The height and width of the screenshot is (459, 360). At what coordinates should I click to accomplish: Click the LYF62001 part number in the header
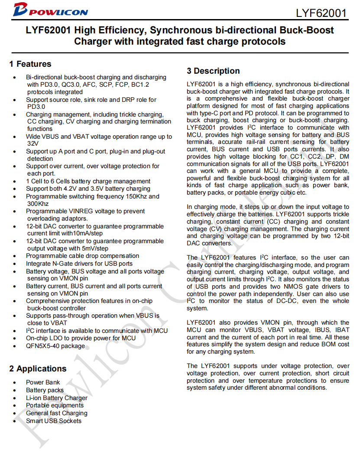(321, 13)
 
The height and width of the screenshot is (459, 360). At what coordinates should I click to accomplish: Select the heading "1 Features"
(30, 64)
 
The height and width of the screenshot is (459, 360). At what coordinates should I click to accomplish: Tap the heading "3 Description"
(213, 71)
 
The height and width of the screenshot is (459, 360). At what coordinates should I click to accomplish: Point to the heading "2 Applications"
(38, 369)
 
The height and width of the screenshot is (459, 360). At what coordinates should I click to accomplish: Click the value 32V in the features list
(33, 144)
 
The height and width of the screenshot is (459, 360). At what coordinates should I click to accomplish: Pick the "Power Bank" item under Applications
(43, 382)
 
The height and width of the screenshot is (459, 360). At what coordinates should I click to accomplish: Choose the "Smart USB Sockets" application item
(53, 421)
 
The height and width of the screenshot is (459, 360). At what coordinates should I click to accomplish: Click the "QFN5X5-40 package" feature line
(55, 346)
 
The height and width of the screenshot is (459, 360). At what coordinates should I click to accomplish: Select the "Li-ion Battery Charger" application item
(56, 398)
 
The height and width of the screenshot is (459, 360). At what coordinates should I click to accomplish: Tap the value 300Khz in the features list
(38, 204)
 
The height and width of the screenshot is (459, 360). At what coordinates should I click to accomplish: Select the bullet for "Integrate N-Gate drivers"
(15, 264)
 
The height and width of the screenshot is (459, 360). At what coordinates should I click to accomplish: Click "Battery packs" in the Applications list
(45, 390)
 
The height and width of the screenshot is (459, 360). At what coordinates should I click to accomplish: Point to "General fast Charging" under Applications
(56, 413)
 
